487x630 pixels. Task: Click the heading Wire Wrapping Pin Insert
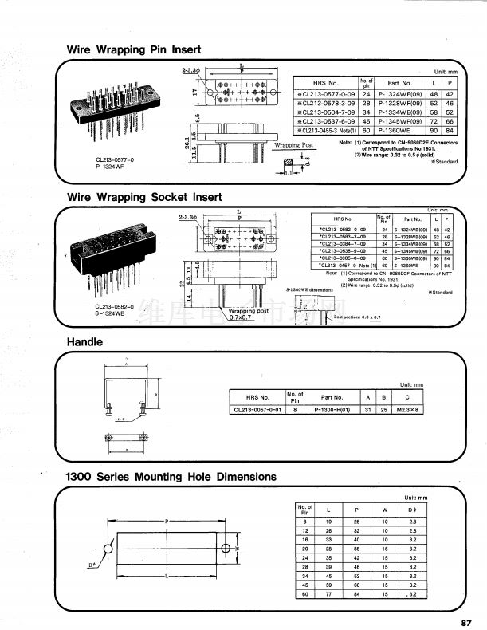coord(133,49)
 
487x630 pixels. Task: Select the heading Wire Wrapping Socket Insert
coord(144,196)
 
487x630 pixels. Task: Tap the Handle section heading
coord(84,342)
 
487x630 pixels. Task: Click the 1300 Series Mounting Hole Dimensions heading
coord(171,477)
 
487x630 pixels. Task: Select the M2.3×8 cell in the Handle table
coord(407,410)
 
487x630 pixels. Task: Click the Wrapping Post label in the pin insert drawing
coord(293,146)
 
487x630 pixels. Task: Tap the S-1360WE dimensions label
coord(308,290)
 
